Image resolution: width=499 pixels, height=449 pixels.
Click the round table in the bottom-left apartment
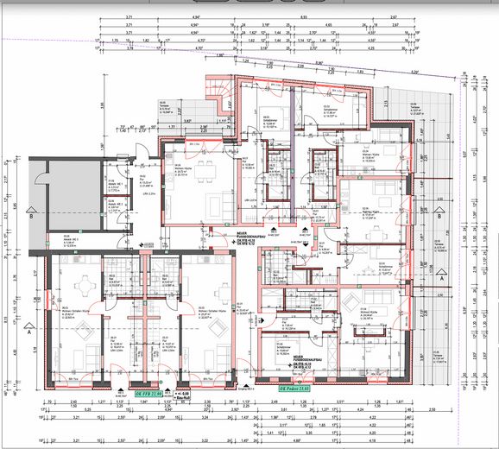point(84,287)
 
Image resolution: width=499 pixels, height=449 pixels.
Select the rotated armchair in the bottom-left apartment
point(85,330)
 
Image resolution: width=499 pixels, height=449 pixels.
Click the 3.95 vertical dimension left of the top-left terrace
point(102,107)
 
